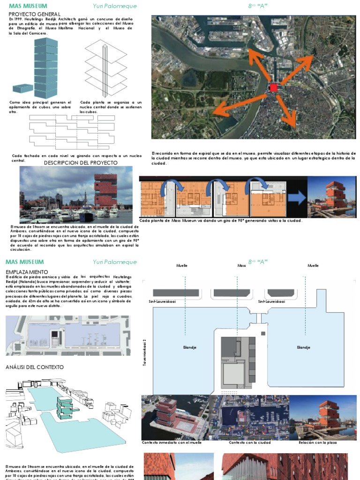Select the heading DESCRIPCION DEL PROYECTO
(x=81, y=163)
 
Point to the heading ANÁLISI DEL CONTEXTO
(x=34, y=367)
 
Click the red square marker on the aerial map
(x=274, y=88)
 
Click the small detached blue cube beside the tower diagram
(x=22, y=88)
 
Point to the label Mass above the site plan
(x=241, y=266)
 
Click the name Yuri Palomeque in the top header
(x=115, y=6)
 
